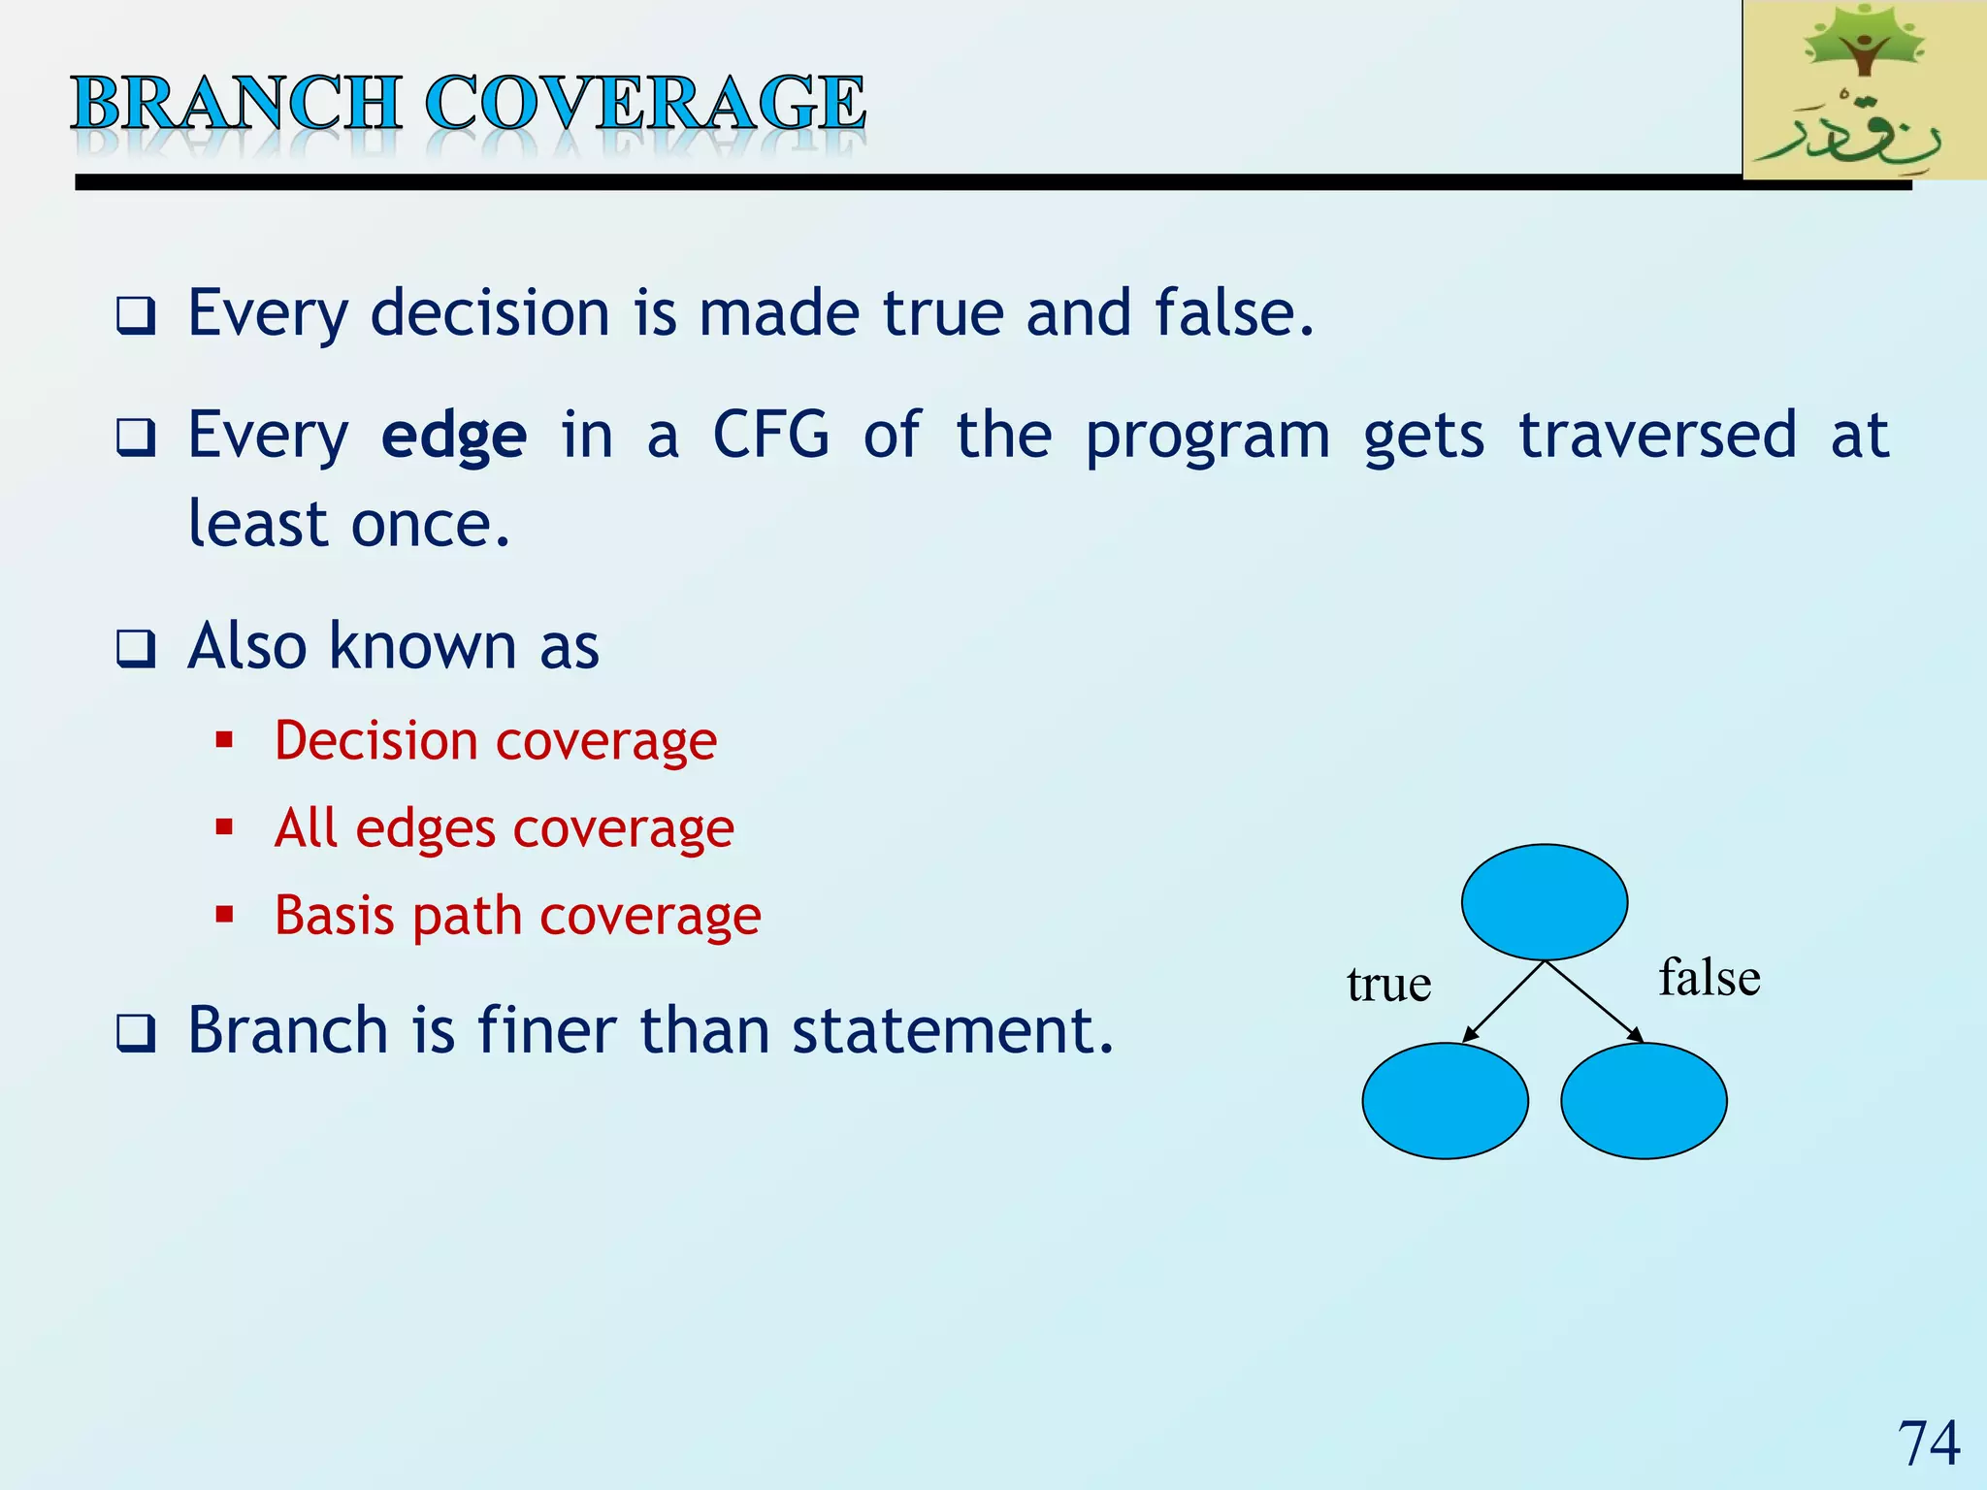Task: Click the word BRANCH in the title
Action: click(236, 103)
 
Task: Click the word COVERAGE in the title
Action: click(645, 103)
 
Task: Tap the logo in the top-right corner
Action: click(1863, 89)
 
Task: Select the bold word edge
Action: click(454, 436)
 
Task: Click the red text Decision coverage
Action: click(495, 742)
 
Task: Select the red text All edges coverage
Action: click(505, 829)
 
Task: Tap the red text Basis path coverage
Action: click(517, 916)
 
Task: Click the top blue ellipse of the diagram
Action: click(1544, 902)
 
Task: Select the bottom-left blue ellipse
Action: click(1445, 1100)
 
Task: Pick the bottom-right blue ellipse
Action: click(1644, 1100)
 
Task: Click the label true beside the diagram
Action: click(1388, 985)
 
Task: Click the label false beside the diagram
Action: click(1709, 977)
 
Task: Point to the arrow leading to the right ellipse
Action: click(1593, 1001)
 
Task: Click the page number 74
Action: click(1929, 1442)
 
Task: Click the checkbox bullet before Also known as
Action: click(136, 648)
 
